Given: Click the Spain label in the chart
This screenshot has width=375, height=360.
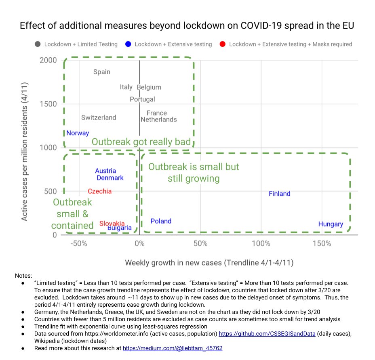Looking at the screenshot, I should click(x=101, y=72).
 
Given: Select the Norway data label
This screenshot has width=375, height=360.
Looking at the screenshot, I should click(x=78, y=133).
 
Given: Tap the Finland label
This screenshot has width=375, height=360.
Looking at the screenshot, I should click(x=279, y=194).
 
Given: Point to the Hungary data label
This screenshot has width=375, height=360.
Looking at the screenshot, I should click(x=330, y=224).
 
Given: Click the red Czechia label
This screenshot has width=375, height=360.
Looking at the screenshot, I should click(x=99, y=191).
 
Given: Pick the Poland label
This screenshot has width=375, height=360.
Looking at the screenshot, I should click(x=161, y=221).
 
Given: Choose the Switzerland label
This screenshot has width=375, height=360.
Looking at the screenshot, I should click(x=99, y=118).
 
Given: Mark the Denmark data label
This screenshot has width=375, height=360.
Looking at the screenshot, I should click(x=110, y=178).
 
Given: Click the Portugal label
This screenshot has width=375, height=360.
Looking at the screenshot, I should click(x=142, y=99).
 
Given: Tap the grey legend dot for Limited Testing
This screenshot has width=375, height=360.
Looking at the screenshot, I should click(x=38, y=44).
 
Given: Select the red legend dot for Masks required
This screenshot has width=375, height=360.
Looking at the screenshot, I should click(x=222, y=44).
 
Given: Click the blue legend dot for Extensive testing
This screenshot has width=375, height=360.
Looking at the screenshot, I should click(x=128, y=44).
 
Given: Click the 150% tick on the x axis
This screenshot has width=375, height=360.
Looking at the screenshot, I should click(x=322, y=244).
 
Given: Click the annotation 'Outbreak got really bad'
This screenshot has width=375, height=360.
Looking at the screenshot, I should click(x=141, y=142).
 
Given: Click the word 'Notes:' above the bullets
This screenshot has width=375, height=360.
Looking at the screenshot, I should click(x=23, y=276).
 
